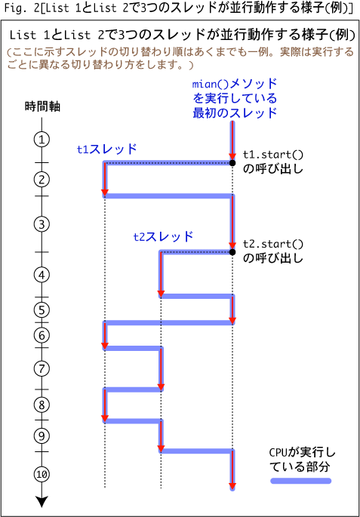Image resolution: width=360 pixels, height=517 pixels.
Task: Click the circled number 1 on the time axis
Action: tap(42, 140)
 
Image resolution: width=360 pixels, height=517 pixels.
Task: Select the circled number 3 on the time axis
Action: tap(42, 224)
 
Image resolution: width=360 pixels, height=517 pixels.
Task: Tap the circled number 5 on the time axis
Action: tap(42, 309)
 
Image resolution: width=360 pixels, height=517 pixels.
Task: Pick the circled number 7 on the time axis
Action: tap(42, 368)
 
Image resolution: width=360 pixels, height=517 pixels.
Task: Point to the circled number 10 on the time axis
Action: tap(42, 474)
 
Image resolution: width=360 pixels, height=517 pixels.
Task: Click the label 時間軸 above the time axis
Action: tap(42, 106)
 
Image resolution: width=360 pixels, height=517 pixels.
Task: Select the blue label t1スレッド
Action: tap(106, 149)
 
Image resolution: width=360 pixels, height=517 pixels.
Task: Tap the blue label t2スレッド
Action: tap(163, 236)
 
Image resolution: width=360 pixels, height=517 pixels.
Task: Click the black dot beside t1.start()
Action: tap(232, 162)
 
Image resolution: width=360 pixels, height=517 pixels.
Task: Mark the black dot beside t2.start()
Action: tap(232, 252)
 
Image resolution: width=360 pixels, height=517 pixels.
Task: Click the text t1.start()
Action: tap(272, 154)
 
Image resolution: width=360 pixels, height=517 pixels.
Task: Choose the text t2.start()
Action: tap(272, 244)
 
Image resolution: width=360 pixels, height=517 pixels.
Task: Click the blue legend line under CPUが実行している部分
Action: tap(300, 481)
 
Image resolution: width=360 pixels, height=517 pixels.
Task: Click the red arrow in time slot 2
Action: tap(105, 180)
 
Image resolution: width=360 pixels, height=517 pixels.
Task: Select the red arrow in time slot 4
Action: tap(161, 274)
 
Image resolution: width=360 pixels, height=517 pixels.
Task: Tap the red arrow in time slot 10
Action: tap(232, 470)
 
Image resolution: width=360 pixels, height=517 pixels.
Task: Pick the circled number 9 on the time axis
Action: tap(42, 436)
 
